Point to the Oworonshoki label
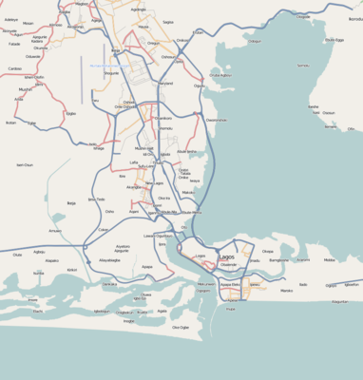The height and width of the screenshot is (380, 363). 218,121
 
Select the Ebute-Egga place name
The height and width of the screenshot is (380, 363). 334,40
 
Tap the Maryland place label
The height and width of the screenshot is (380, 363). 165,84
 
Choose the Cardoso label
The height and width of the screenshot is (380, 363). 14,68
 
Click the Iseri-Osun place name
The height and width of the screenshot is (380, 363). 25,164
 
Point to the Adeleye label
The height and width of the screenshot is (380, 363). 11,19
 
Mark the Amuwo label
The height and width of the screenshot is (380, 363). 55,231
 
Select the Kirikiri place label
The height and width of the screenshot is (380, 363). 72,270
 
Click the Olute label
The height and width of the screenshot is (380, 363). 17,255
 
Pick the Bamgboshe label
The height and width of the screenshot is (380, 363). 279,259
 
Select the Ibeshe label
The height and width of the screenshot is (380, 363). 314,107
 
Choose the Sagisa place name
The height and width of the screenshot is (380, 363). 168,21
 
